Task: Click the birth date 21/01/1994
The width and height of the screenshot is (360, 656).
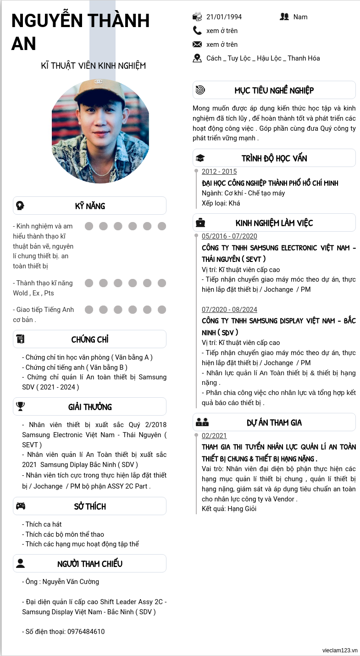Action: pyautogui.click(x=224, y=17)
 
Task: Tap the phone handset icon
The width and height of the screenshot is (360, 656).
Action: pyautogui.click(x=197, y=31)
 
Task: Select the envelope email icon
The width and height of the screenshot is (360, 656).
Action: pyautogui.click(x=197, y=44)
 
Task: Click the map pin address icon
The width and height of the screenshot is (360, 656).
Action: pyautogui.click(x=197, y=58)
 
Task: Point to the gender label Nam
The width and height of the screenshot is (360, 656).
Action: pyautogui.click(x=300, y=17)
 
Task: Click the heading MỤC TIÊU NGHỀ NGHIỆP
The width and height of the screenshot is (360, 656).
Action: pyautogui.click(x=274, y=90)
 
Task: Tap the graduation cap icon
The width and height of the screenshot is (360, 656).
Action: pyautogui.click(x=200, y=158)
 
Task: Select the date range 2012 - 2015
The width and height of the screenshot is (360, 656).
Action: pyautogui.click(x=219, y=172)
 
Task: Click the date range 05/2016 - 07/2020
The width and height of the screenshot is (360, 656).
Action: pyautogui.click(x=229, y=236)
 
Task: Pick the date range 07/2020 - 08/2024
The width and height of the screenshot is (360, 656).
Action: pyautogui.click(x=229, y=309)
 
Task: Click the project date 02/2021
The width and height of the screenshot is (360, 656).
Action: pyautogui.click(x=214, y=436)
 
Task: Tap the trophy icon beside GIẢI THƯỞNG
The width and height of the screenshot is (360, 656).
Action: pyautogui.click(x=21, y=406)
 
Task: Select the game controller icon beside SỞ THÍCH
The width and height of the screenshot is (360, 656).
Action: pyautogui.click(x=21, y=506)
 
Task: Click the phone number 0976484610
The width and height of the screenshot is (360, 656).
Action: pyautogui.click(x=86, y=632)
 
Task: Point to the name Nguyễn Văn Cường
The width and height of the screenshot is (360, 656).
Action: pyautogui.click(x=71, y=582)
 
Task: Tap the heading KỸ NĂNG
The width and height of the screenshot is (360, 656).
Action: pyautogui.click(x=90, y=206)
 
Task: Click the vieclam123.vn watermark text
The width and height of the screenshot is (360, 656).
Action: pyautogui.click(x=340, y=650)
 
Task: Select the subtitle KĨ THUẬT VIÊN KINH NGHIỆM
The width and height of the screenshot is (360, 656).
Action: pyautogui.click(x=94, y=66)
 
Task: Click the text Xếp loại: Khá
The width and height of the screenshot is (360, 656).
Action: pyautogui.click(x=221, y=203)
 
